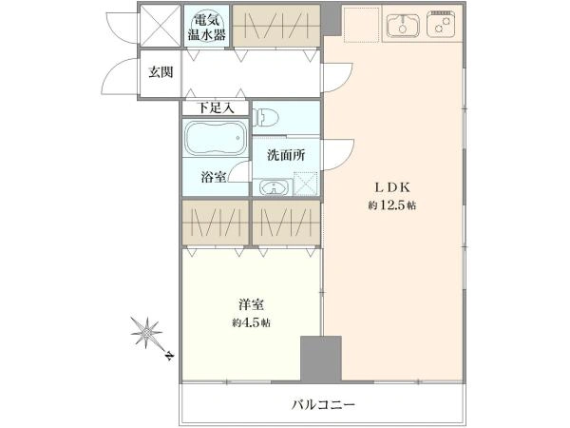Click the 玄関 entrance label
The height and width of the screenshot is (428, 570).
click(161, 73)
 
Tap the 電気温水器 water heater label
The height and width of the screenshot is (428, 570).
click(206, 27)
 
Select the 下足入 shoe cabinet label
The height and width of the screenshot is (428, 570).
click(216, 107)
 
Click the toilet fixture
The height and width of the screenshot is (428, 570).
click(266, 117)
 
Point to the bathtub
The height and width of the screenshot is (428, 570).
click(215, 138)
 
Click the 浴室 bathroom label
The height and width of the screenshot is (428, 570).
click(214, 177)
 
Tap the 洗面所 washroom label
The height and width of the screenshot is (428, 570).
click(286, 155)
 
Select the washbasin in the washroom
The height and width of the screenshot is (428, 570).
click(273, 187)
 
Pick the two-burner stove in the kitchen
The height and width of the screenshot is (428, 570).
click(441, 24)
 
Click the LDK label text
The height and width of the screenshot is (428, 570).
click(392, 187)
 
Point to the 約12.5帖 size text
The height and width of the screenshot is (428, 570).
click(392, 205)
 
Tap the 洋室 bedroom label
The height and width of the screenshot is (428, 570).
click(252, 304)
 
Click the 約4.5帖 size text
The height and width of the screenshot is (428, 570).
click(251, 322)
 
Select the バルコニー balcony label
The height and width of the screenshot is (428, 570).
click(323, 405)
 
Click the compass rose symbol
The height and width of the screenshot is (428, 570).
click(147, 332)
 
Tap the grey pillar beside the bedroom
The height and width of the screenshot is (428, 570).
click(321, 359)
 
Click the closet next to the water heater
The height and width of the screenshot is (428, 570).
click(276, 26)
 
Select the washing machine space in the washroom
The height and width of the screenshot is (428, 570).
click(306, 183)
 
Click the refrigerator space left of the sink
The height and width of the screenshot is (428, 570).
click(361, 24)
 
